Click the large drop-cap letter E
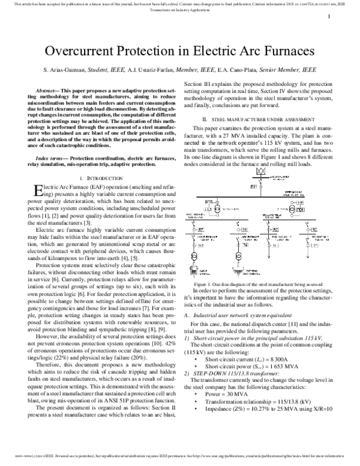(32, 192)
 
